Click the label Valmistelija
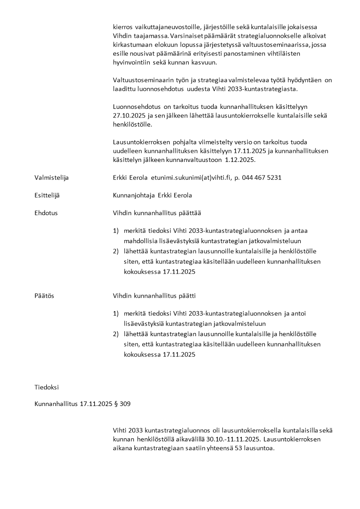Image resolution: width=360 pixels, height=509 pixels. pos(51,177)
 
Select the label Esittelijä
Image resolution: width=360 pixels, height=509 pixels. pos(47,195)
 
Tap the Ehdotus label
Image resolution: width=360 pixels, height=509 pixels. pos(46,212)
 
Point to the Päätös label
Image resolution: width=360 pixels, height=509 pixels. pos(44,296)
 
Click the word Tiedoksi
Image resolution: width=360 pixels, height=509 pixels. pos(46,387)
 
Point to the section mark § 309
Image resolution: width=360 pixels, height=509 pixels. pos(122,403)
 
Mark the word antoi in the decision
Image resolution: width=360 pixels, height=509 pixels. pos(299,313)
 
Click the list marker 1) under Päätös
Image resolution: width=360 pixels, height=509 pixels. pos(116,313)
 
